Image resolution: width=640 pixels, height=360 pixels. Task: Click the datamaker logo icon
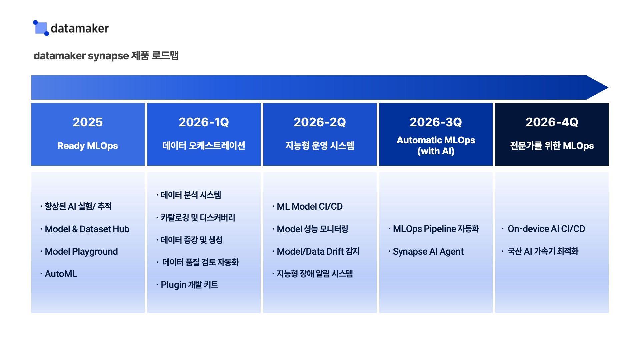[41, 28]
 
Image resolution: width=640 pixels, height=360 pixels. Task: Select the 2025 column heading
[88, 122]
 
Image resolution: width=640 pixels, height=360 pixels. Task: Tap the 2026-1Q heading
[204, 122]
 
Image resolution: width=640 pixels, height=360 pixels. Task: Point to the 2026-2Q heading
[320, 122]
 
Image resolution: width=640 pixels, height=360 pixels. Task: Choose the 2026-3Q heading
[436, 122]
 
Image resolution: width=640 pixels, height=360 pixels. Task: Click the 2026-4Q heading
[552, 122]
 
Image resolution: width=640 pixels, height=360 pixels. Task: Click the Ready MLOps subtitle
[88, 146]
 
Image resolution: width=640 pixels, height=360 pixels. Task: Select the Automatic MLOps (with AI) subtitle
[436, 145]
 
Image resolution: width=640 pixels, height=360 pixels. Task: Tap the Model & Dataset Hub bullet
[87, 229]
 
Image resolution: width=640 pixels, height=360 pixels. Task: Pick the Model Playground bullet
[81, 251]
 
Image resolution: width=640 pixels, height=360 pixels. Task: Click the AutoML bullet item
[61, 274]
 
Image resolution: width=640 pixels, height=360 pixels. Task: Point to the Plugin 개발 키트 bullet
[189, 285]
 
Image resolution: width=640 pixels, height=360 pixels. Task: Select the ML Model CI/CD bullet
[309, 206]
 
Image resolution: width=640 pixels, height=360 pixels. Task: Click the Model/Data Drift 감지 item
[318, 251]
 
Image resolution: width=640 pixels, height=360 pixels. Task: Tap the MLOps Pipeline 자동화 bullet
[436, 229]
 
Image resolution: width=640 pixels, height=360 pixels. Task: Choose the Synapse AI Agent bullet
[428, 251]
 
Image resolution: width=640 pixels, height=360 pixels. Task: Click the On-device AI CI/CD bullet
[546, 229]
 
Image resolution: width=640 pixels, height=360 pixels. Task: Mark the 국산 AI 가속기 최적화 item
[543, 251]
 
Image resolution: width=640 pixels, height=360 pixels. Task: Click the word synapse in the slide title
[108, 56]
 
